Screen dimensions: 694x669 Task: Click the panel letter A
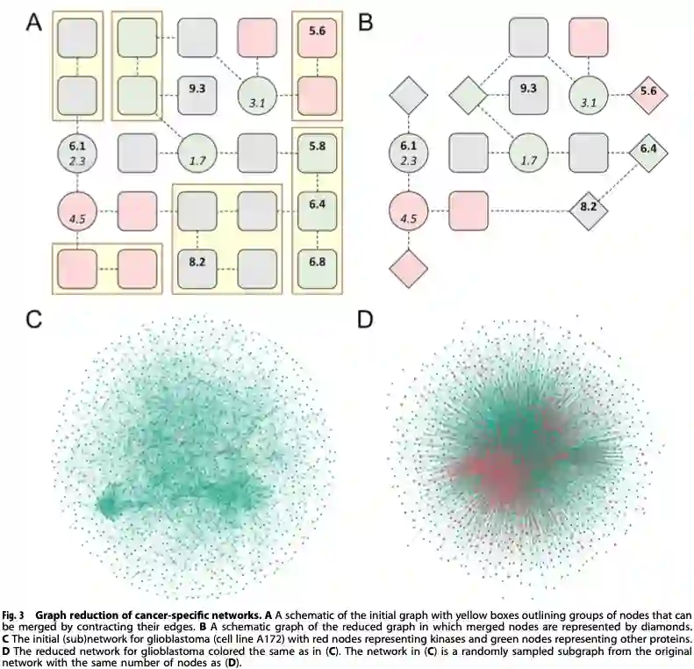(x=34, y=22)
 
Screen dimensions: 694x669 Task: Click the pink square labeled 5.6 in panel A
(x=317, y=36)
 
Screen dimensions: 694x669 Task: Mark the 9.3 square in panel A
(x=197, y=92)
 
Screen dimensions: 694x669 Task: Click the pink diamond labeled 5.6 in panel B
(x=648, y=92)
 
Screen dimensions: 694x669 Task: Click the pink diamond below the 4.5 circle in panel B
(x=408, y=267)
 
